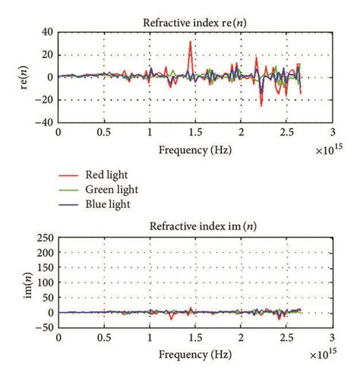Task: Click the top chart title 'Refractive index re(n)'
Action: click(x=195, y=22)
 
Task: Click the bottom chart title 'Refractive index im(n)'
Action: click(x=195, y=226)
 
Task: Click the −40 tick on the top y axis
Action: click(x=45, y=122)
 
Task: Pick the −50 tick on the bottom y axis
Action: click(x=45, y=327)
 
